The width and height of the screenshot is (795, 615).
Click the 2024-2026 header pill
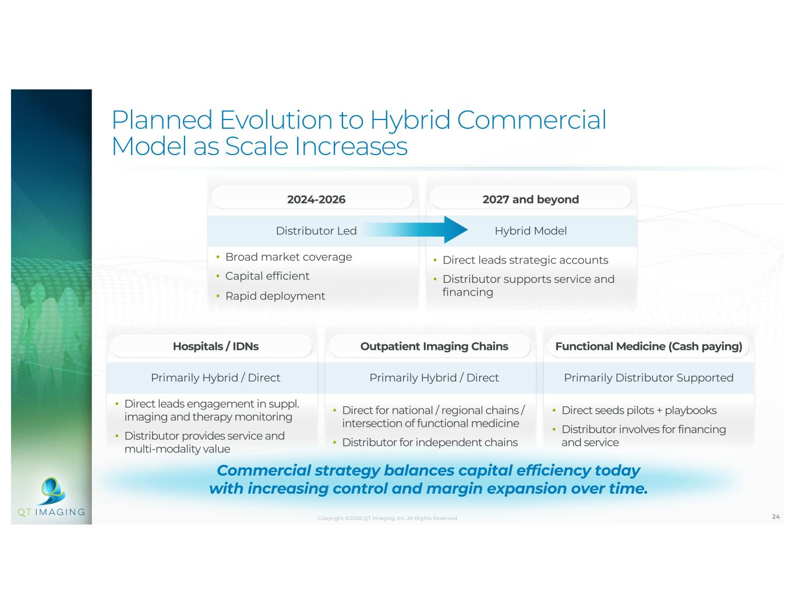(316, 199)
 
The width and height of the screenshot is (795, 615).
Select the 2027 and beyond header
(531, 199)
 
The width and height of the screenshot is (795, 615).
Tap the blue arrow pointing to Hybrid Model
(416, 230)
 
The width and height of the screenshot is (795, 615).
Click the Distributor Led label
(316, 231)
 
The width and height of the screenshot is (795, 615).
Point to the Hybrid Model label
(531, 231)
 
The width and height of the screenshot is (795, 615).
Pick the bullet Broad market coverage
(288, 257)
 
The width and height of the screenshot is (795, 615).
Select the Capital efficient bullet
(267, 276)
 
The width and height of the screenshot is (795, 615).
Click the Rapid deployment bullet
(275, 296)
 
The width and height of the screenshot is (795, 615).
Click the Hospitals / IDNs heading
(216, 346)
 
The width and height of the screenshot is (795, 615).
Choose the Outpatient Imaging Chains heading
(434, 346)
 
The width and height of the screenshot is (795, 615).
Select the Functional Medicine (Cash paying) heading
(649, 346)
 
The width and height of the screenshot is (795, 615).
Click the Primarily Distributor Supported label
(649, 377)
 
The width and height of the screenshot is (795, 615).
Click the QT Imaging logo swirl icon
(53, 490)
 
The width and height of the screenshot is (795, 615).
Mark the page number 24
(776, 516)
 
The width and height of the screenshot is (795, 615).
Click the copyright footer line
(387, 518)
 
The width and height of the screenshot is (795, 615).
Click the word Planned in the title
(162, 121)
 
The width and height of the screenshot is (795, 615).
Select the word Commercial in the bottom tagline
(264, 470)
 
